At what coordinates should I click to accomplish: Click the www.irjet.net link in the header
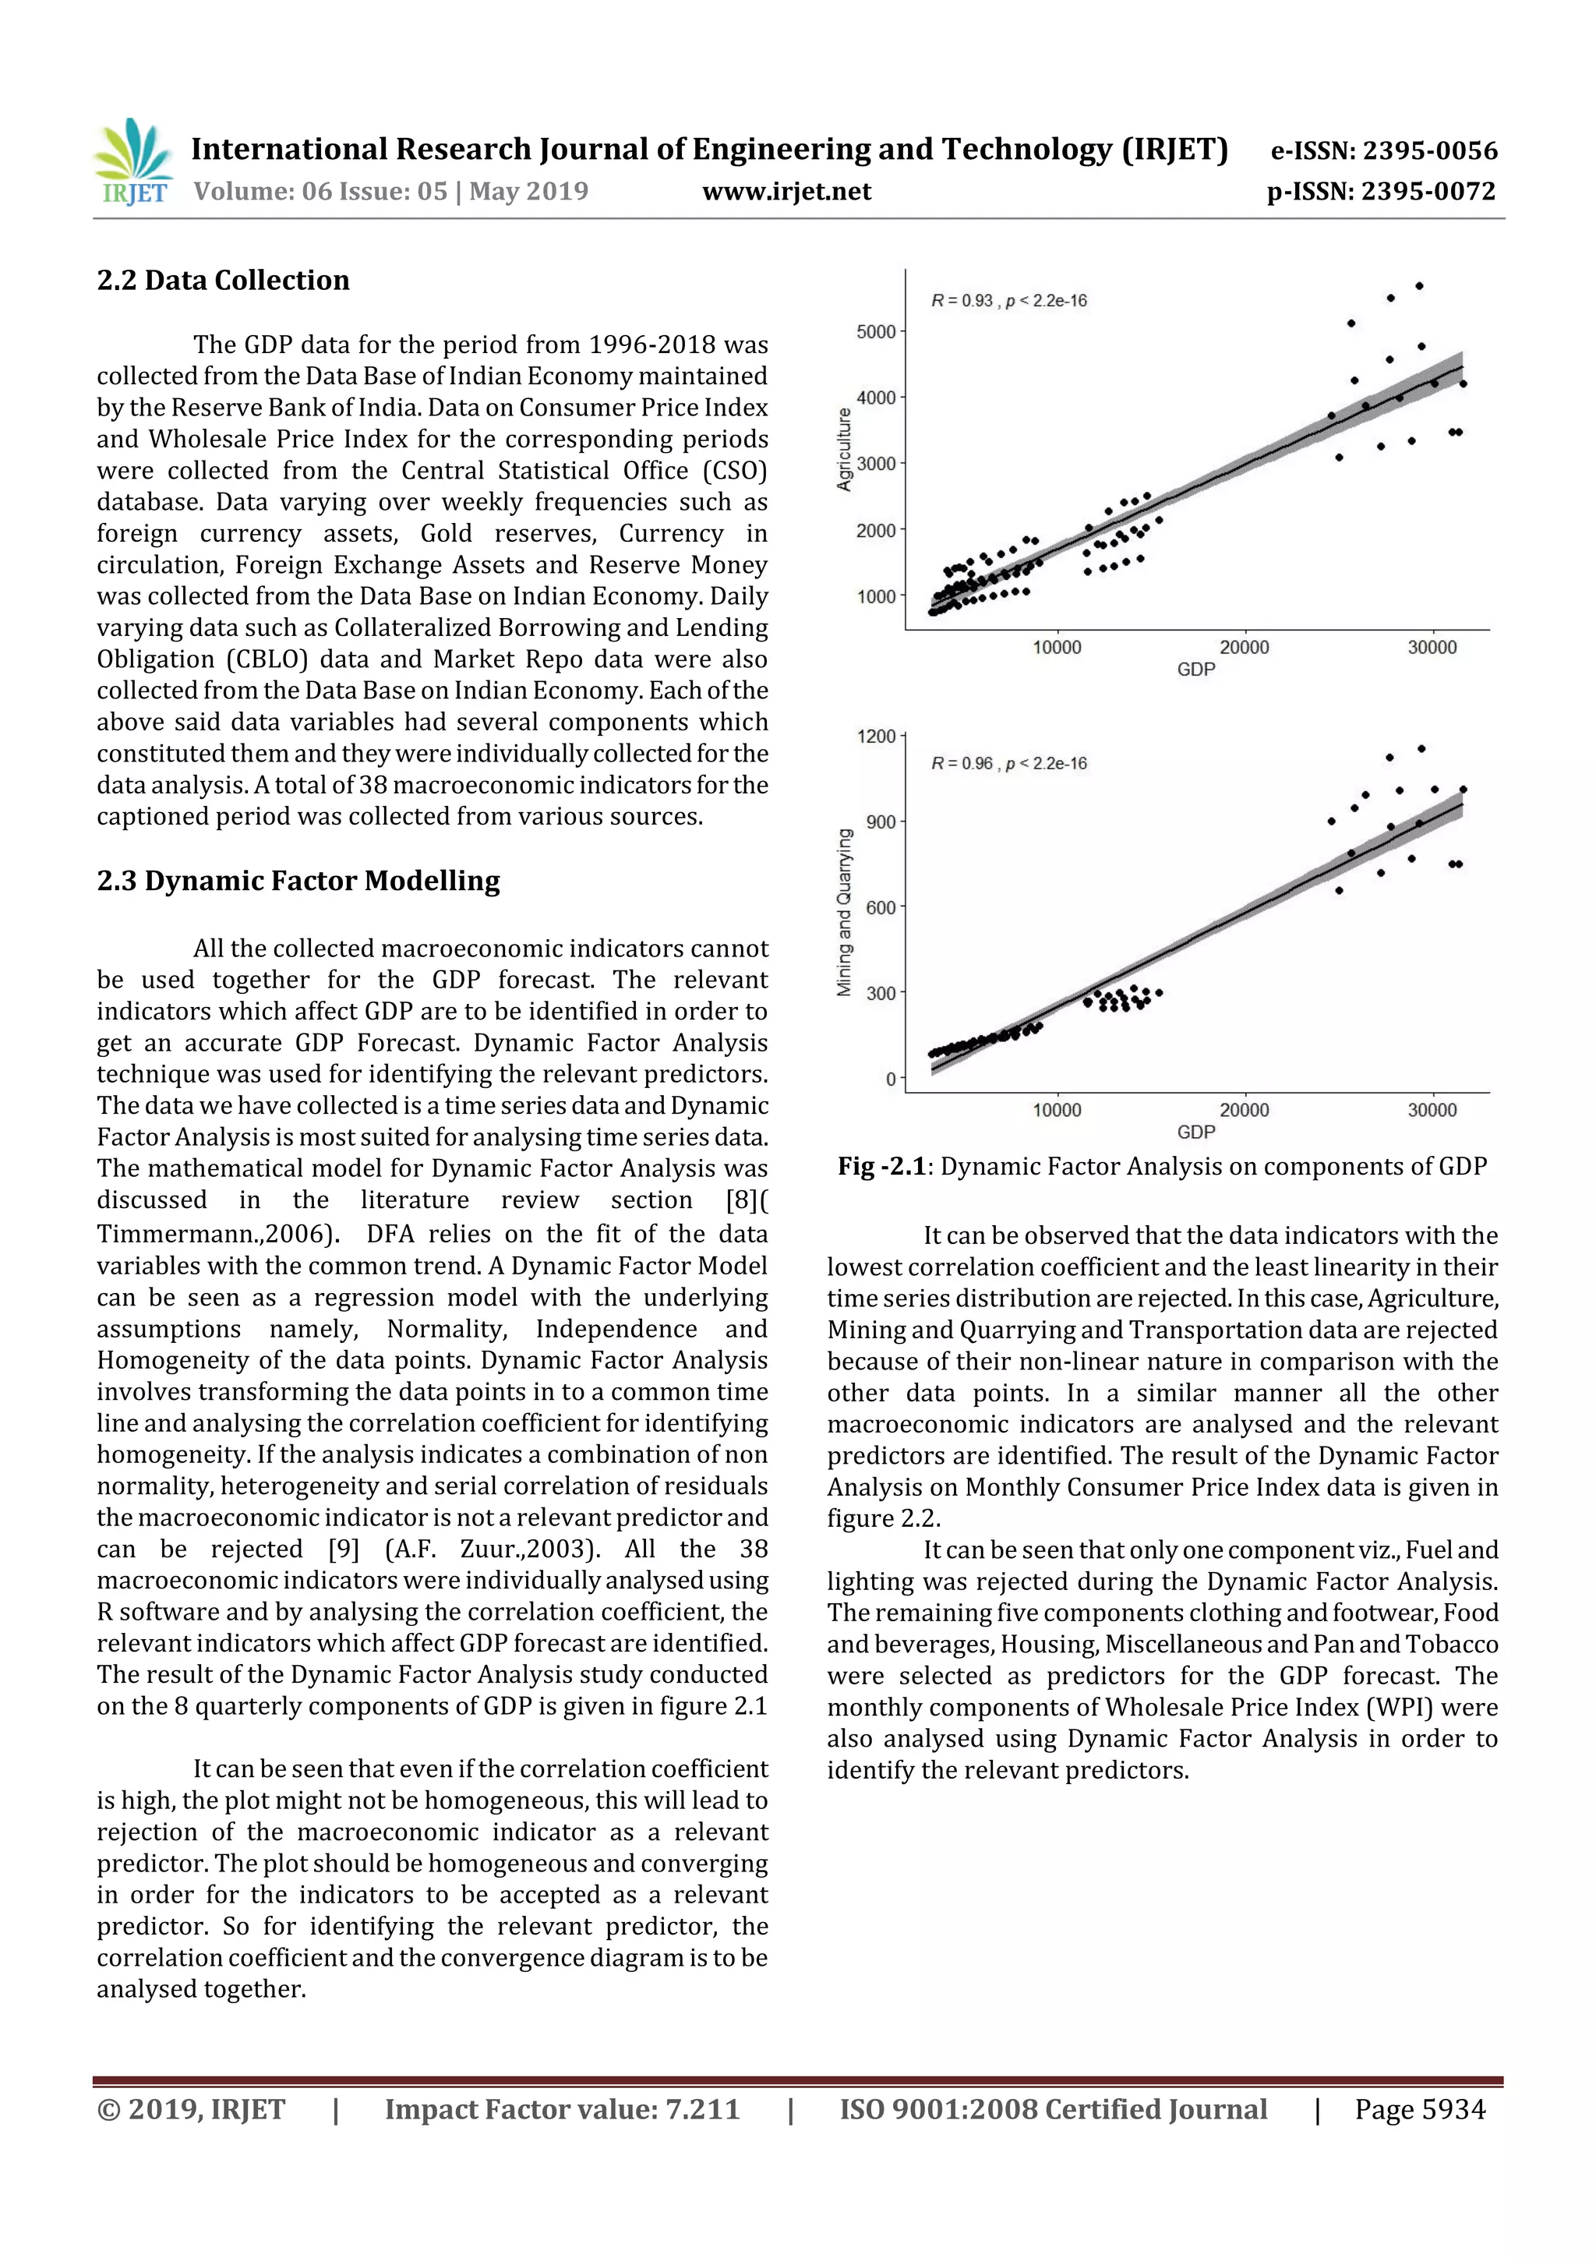786,191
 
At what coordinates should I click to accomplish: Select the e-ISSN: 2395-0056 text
1383,150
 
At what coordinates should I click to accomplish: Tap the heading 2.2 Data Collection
223,281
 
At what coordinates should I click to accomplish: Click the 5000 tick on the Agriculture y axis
875,331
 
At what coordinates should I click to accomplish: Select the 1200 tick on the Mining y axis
875,736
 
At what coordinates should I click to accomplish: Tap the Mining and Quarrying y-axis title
844,912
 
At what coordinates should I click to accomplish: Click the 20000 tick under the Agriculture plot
1244,647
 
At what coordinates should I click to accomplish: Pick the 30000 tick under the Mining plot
1432,1109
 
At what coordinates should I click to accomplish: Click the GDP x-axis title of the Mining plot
1195,1132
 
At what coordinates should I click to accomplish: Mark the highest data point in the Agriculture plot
1419,286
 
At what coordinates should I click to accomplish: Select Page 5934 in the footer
1419,2108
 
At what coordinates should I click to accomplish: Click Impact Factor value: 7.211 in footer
562,2108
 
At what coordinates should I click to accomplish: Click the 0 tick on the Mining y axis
891,1079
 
